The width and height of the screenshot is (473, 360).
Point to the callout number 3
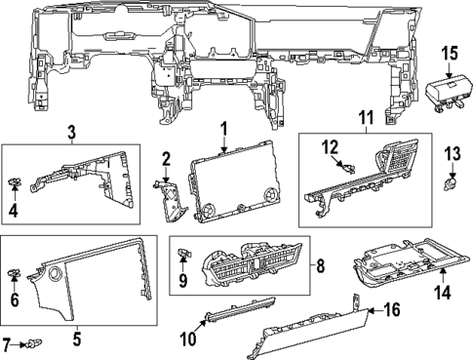[71, 132]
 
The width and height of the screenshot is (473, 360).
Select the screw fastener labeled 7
[36, 342]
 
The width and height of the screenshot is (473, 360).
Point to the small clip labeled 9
[182, 255]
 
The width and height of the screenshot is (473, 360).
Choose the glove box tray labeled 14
[400, 266]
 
